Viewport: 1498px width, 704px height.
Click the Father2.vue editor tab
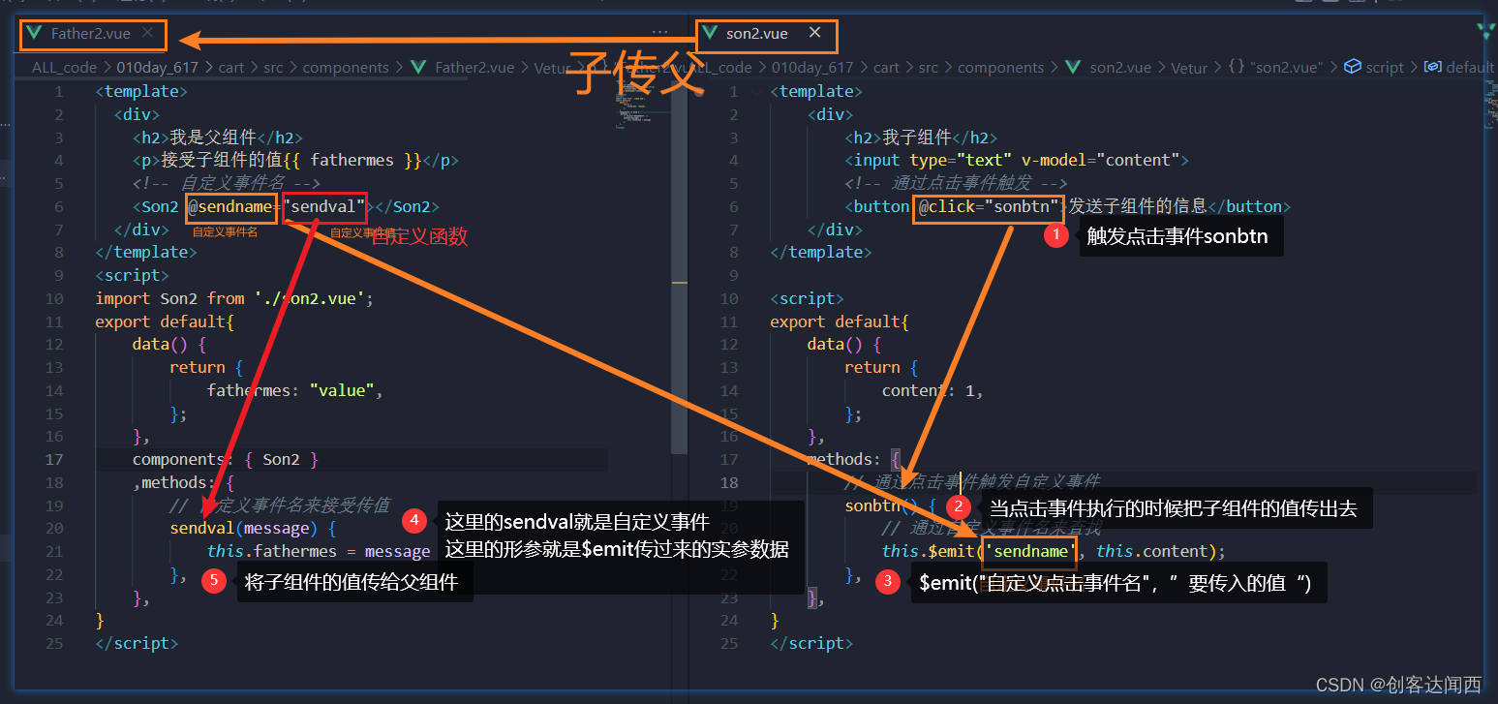pyautogui.click(x=90, y=34)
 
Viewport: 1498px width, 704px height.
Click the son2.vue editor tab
pyautogui.click(x=756, y=34)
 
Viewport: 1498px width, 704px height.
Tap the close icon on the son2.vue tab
pyautogui.click(x=814, y=33)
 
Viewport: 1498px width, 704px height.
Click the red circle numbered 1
pyautogui.click(x=1055, y=235)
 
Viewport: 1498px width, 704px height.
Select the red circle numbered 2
pyautogui.click(x=958, y=506)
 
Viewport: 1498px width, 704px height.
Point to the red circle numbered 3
pyautogui.click(x=886, y=582)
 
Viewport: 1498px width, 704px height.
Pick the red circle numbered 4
pyautogui.click(x=413, y=521)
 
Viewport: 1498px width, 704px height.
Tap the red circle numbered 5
pyautogui.click(x=215, y=581)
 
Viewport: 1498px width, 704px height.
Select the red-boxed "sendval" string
pyautogui.click(x=325, y=206)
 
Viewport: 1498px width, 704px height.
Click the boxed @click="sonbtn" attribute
pyautogui.click(x=989, y=206)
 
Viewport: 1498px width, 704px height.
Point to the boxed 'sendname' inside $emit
pyautogui.click(x=1029, y=551)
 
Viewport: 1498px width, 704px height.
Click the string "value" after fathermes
pyautogui.click(x=342, y=390)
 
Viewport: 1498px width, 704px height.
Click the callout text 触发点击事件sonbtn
pyautogui.click(x=1177, y=236)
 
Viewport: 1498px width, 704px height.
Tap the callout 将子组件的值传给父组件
pyautogui.click(x=352, y=582)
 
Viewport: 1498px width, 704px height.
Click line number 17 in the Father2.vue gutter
pyautogui.click(x=54, y=459)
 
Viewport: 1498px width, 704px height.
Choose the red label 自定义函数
pyautogui.click(x=420, y=235)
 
